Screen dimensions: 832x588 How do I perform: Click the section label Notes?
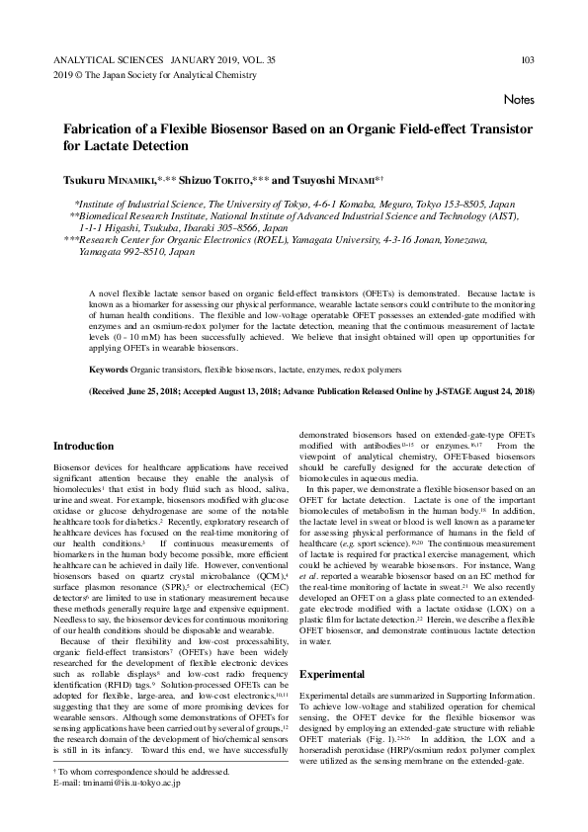tap(519, 100)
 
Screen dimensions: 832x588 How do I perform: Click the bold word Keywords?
tap(109, 369)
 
